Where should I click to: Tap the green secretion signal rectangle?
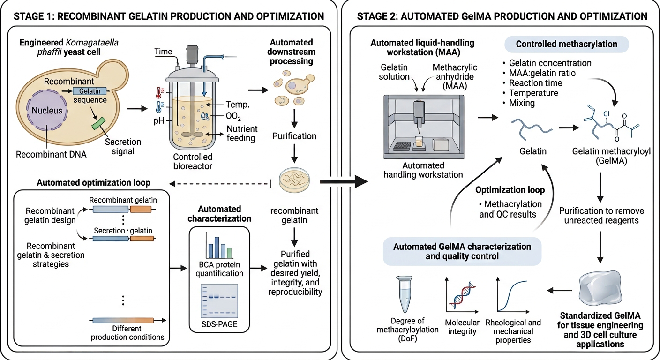(99, 123)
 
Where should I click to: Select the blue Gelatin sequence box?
(90, 91)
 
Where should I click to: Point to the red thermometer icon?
(159, 93)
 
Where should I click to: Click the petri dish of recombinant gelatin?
(294, 180)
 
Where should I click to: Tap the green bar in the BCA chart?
(229, 253)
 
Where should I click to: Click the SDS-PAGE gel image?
(219, 300)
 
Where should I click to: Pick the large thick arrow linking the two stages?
(344, 181)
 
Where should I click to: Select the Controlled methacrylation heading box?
(567, 44)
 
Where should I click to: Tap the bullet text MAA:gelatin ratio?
(542, 73)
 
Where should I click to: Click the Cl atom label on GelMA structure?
(606, 114)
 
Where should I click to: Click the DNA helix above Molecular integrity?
(462, 295)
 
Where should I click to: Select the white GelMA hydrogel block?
(600, 288)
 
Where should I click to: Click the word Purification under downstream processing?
(294, 136)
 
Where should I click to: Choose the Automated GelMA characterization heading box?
(462, 251)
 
